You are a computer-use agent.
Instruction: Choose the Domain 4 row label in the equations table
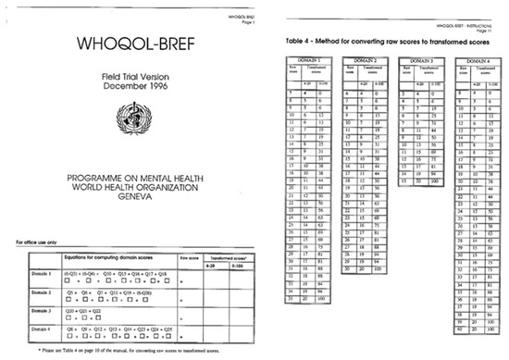click(x=37, y=327)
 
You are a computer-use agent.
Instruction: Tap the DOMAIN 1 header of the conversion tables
click(x=306, y=60)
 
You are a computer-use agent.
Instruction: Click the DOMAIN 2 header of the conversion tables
click(x=363, y=60)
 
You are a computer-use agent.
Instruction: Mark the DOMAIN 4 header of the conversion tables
click(x=476, y=60)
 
